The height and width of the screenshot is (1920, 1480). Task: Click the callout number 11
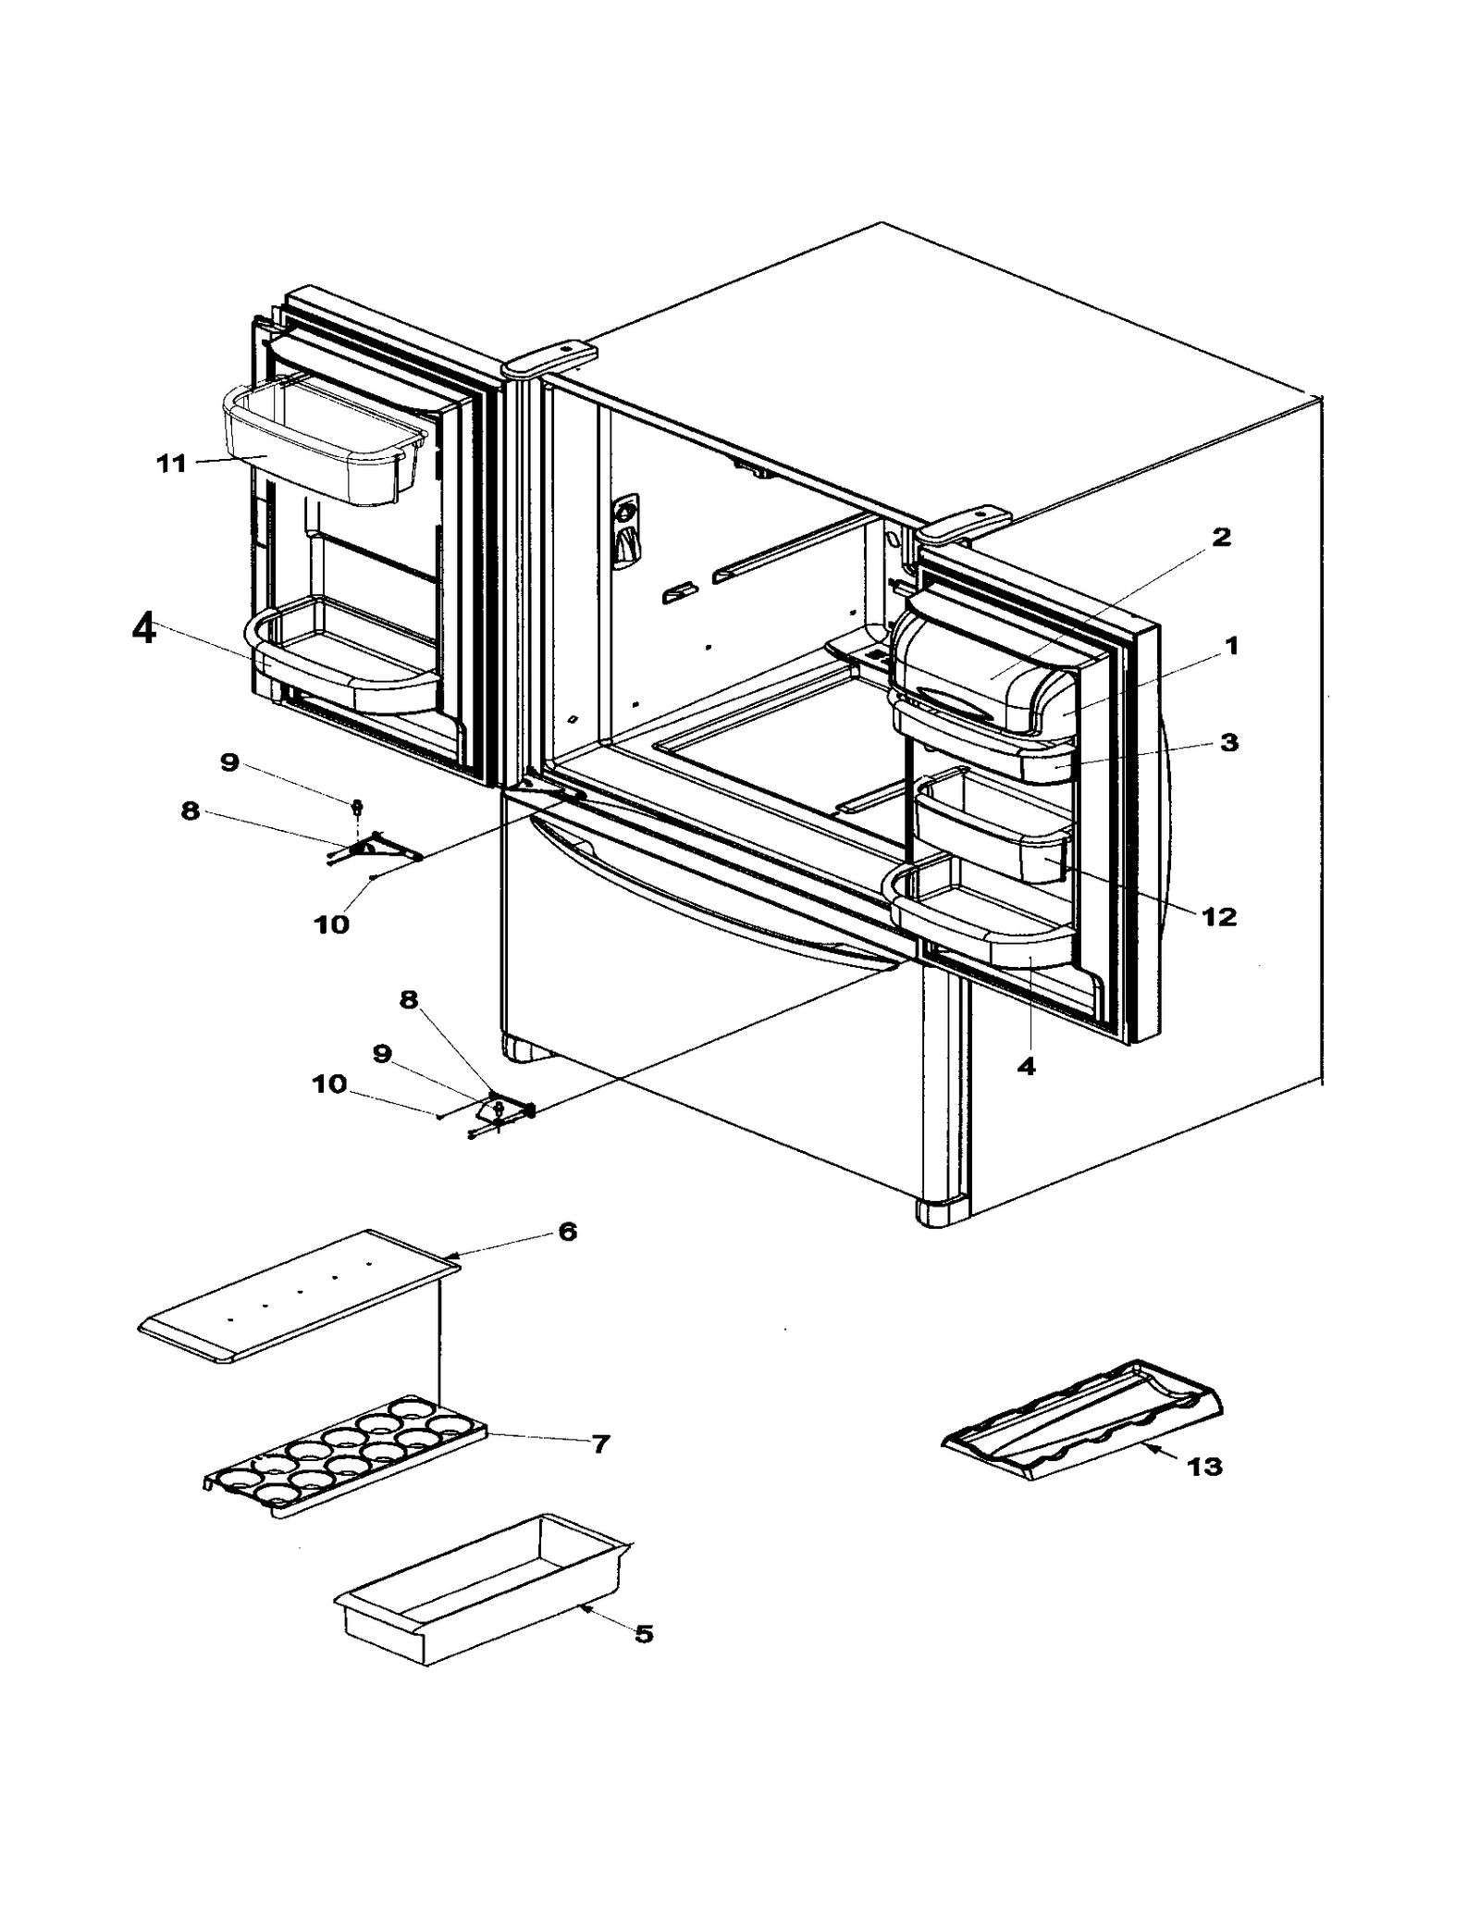pyautogui.click(x=172, y=463)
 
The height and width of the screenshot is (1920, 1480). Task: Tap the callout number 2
pyautogui.click(x=1221, y=537)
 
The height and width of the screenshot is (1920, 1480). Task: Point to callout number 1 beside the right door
pyautogui.click(x=1231, y=646)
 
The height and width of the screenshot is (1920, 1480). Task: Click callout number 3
pyautogui.click(x=1228, y=742)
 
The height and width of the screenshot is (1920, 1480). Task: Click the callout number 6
pyautogui.click(x=567, y=1231)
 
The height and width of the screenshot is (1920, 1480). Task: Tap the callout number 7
pyautogui.click(x=600, y=1443)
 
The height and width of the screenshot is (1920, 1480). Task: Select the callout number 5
pyautogui.click(x=644, y=1633)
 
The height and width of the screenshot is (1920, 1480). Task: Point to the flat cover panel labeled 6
pyautogui.click(x=296, y=1295)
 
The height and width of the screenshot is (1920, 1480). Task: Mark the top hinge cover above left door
pyautogui.click(x=549, y=358)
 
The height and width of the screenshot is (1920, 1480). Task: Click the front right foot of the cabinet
pyautogui.click(x=940, y=1212)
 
